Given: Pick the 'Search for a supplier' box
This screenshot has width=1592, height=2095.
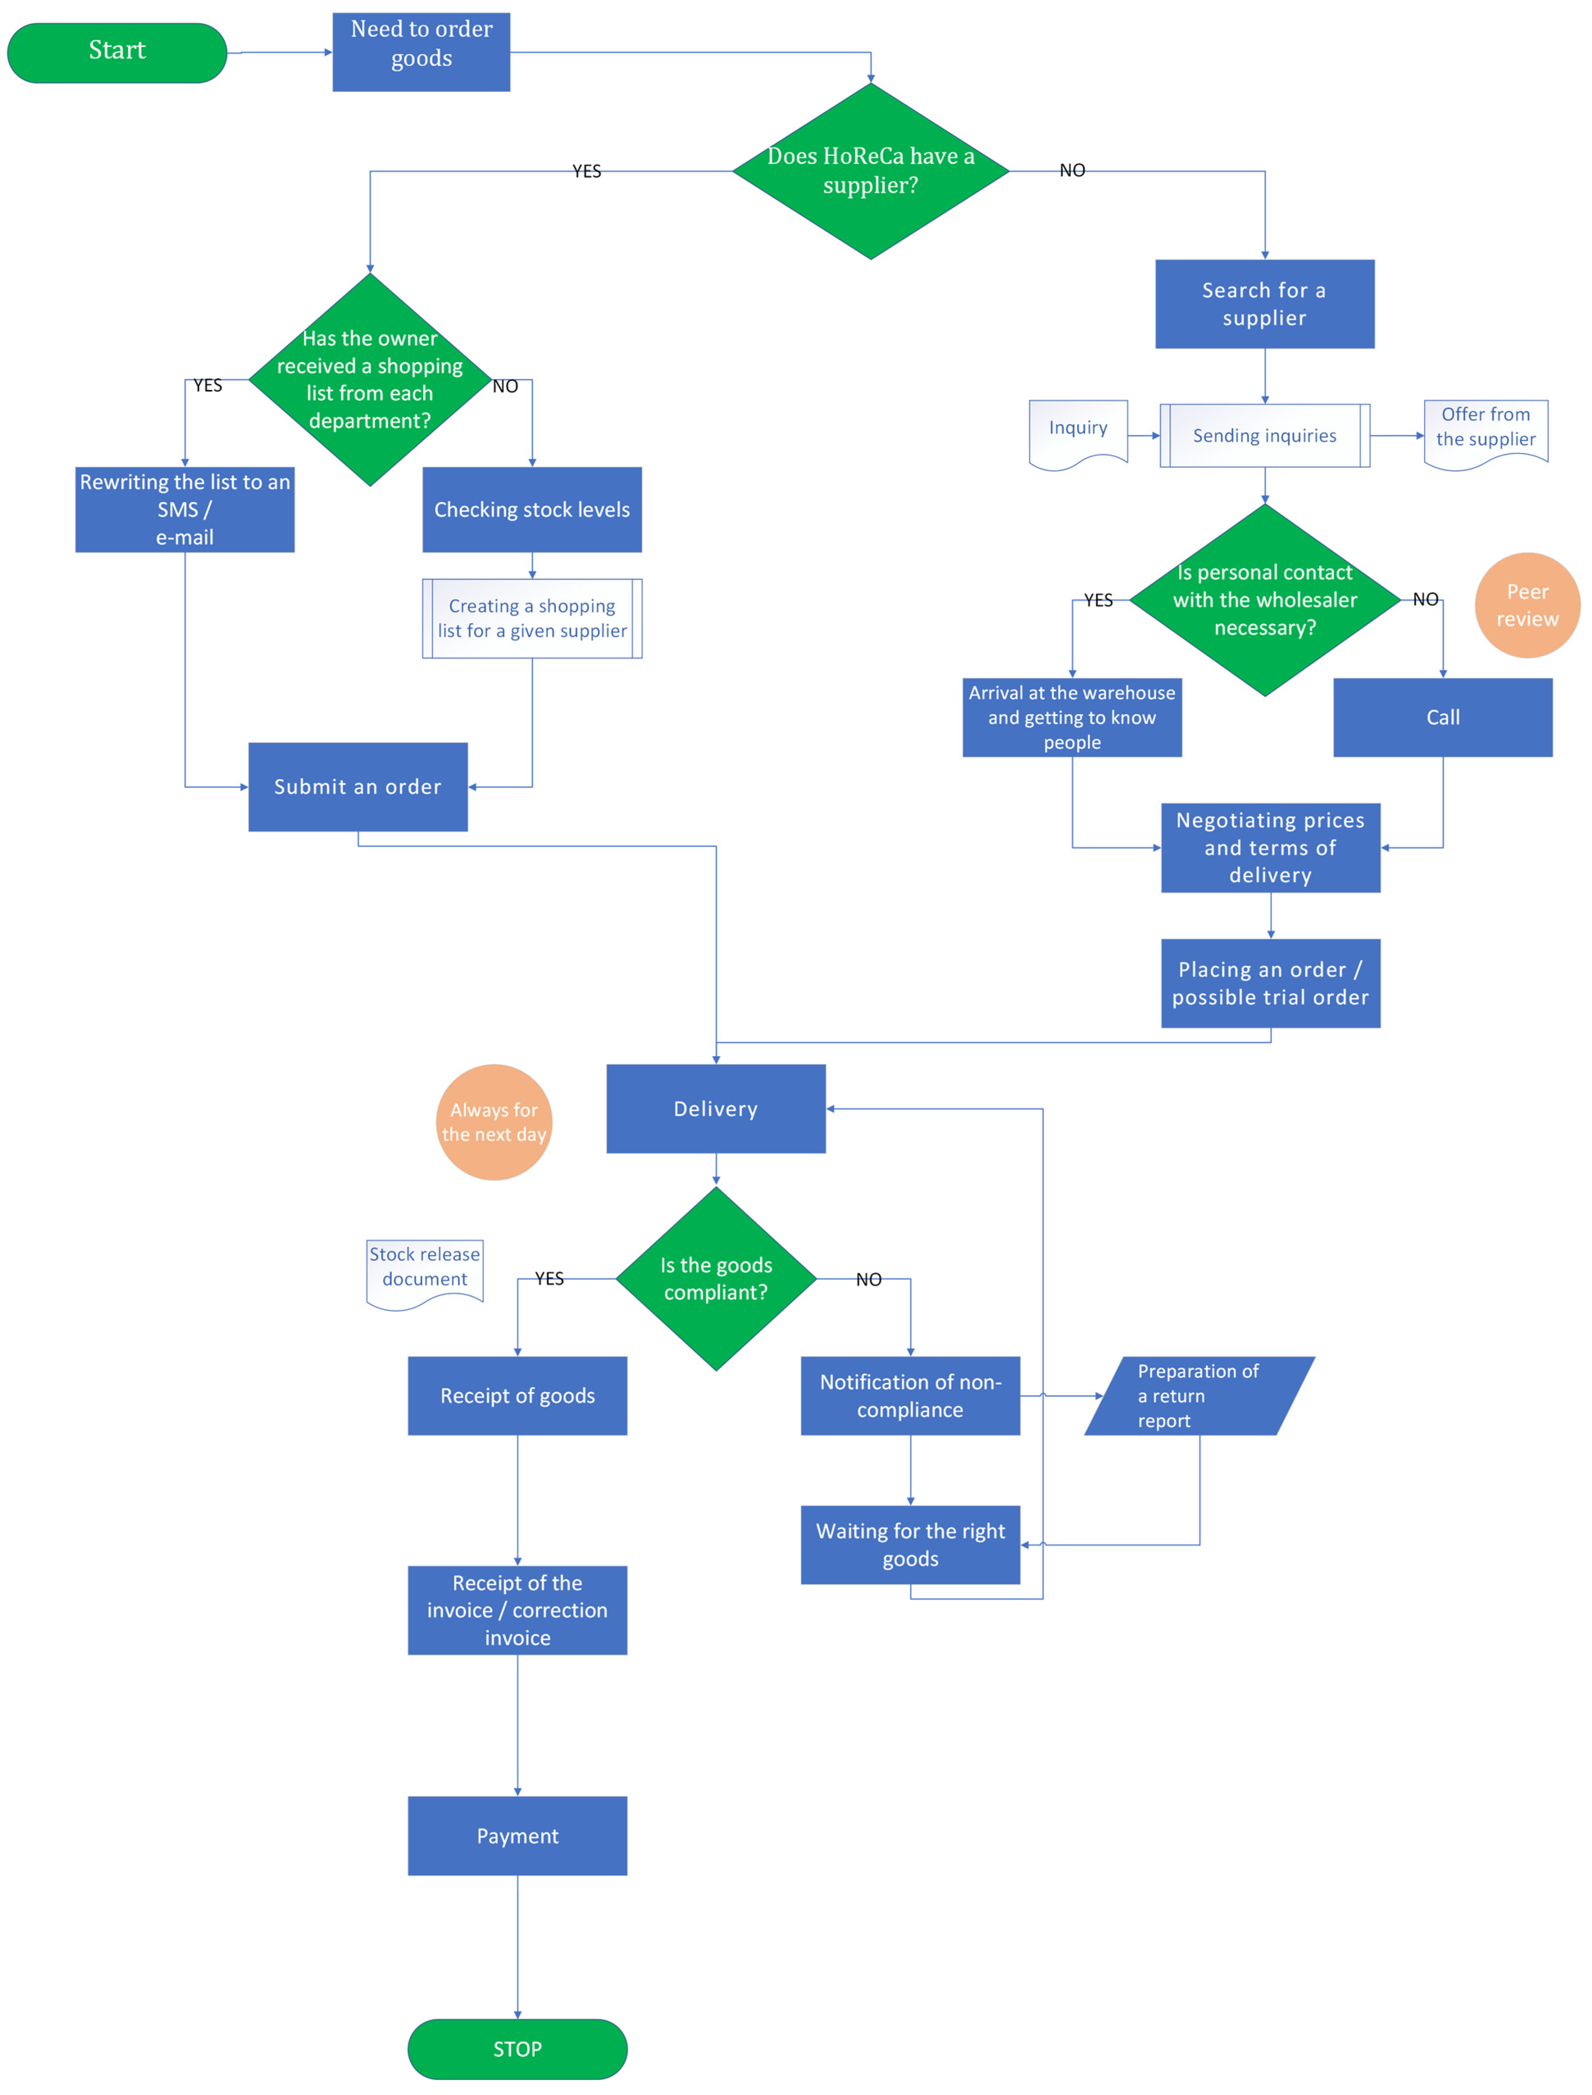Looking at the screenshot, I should point(1264,303).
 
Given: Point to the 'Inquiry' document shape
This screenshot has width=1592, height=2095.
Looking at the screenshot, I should point(1078,431).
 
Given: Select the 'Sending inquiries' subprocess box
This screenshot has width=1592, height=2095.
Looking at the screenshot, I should point(1264,435).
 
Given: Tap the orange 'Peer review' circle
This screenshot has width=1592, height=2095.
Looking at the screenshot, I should point(1526,605).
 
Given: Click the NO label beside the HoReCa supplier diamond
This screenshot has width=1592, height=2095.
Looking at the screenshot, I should point(1072,171).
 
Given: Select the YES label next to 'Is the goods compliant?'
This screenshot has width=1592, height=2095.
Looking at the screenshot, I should point(549,1279).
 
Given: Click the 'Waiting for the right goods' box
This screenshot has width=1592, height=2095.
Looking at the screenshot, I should point(910,1544).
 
